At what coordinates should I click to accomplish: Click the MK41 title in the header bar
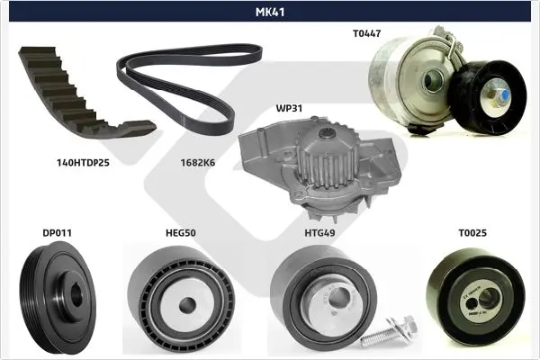click(270, 12)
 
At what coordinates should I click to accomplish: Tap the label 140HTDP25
click(83, 163)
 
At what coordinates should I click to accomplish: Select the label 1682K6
click(198, 163)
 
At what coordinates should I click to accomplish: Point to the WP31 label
click(289, 108)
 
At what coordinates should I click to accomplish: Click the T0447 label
click(367, 33)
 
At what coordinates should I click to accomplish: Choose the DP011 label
click(58, 233)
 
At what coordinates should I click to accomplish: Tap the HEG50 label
click(181, 233)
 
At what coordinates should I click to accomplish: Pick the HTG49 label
click(319, 233)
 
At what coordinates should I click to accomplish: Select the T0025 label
click(472, 233)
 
